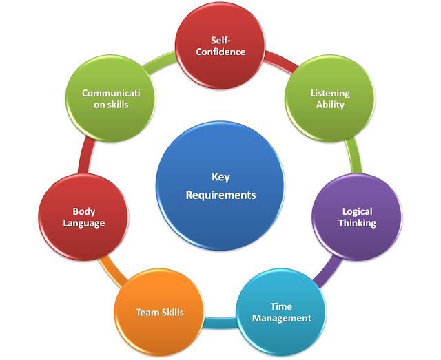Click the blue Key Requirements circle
(x=220, y=184)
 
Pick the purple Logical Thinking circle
(x=358, y=217)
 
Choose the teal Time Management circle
(x=281, y=312)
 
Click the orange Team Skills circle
(x=159, y=312)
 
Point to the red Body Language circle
(x=83, y=217)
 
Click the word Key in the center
(x=220, y=175)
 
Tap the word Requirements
(x=220, y=195)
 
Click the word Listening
(x=330, y=93)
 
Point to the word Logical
(x=358, y=211)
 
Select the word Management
(x=281, y=318)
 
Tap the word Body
(x=83, y=211)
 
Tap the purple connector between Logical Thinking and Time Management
(x=326, y=272)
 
